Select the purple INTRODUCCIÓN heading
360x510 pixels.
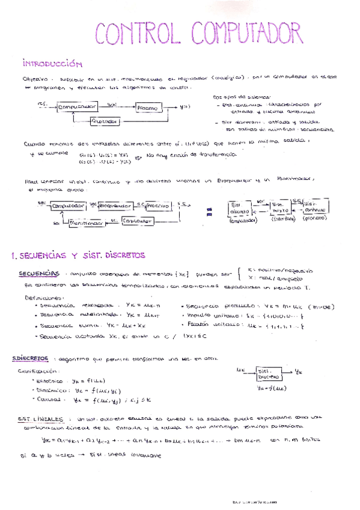click(52, 63)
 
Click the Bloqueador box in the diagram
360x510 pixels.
click(115, 206)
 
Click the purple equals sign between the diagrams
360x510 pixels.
click(210, 211)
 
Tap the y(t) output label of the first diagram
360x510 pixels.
click(185, 108)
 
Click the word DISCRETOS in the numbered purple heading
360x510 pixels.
click(120, 255)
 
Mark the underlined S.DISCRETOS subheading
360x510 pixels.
click(31, 359)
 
